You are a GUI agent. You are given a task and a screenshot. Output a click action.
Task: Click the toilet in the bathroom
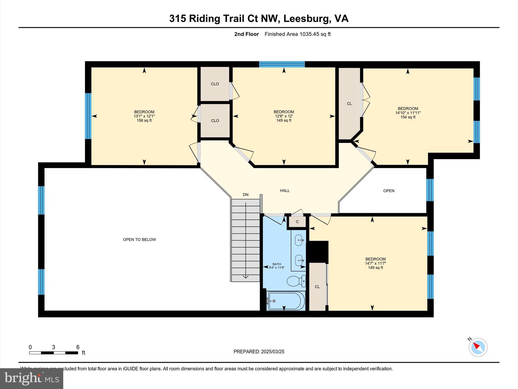(x=296, y=281)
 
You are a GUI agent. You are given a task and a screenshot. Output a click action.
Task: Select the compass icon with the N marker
(x=478, y=347)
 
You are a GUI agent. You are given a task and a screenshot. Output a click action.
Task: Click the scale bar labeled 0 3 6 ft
(x=54, y=352)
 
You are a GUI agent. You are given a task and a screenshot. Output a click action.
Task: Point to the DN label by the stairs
(x=246, y=194)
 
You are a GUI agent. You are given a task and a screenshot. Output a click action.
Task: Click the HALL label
(x=285, y=190)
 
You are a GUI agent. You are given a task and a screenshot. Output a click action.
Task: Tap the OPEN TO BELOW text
(x=139, y=239)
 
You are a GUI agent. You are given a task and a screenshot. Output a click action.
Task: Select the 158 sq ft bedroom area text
(x=144, y=121)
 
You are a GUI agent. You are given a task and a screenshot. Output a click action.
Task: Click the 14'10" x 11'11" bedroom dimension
(x=408, y=113)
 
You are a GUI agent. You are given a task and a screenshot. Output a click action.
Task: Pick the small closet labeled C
(x=297, y=222)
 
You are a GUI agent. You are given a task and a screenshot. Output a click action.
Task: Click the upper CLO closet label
(x=215, y=84)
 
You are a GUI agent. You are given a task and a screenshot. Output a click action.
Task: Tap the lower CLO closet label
(x=215, y=121)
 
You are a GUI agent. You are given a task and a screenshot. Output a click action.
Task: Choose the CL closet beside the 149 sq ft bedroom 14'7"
(x=317, y=287)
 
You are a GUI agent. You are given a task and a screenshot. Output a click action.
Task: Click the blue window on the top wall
(x=282, y=64)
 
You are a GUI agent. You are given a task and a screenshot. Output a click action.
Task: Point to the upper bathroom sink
(x=299, y=240)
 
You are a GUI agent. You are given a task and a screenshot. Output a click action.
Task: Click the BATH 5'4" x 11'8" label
(x=277, y=266)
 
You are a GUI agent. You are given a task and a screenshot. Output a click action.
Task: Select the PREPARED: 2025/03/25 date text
(x=259, y=352)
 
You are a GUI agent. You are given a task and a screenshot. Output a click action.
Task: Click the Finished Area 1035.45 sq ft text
(x=297, y=34)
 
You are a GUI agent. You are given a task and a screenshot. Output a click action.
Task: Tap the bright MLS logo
(x=31, y=378)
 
